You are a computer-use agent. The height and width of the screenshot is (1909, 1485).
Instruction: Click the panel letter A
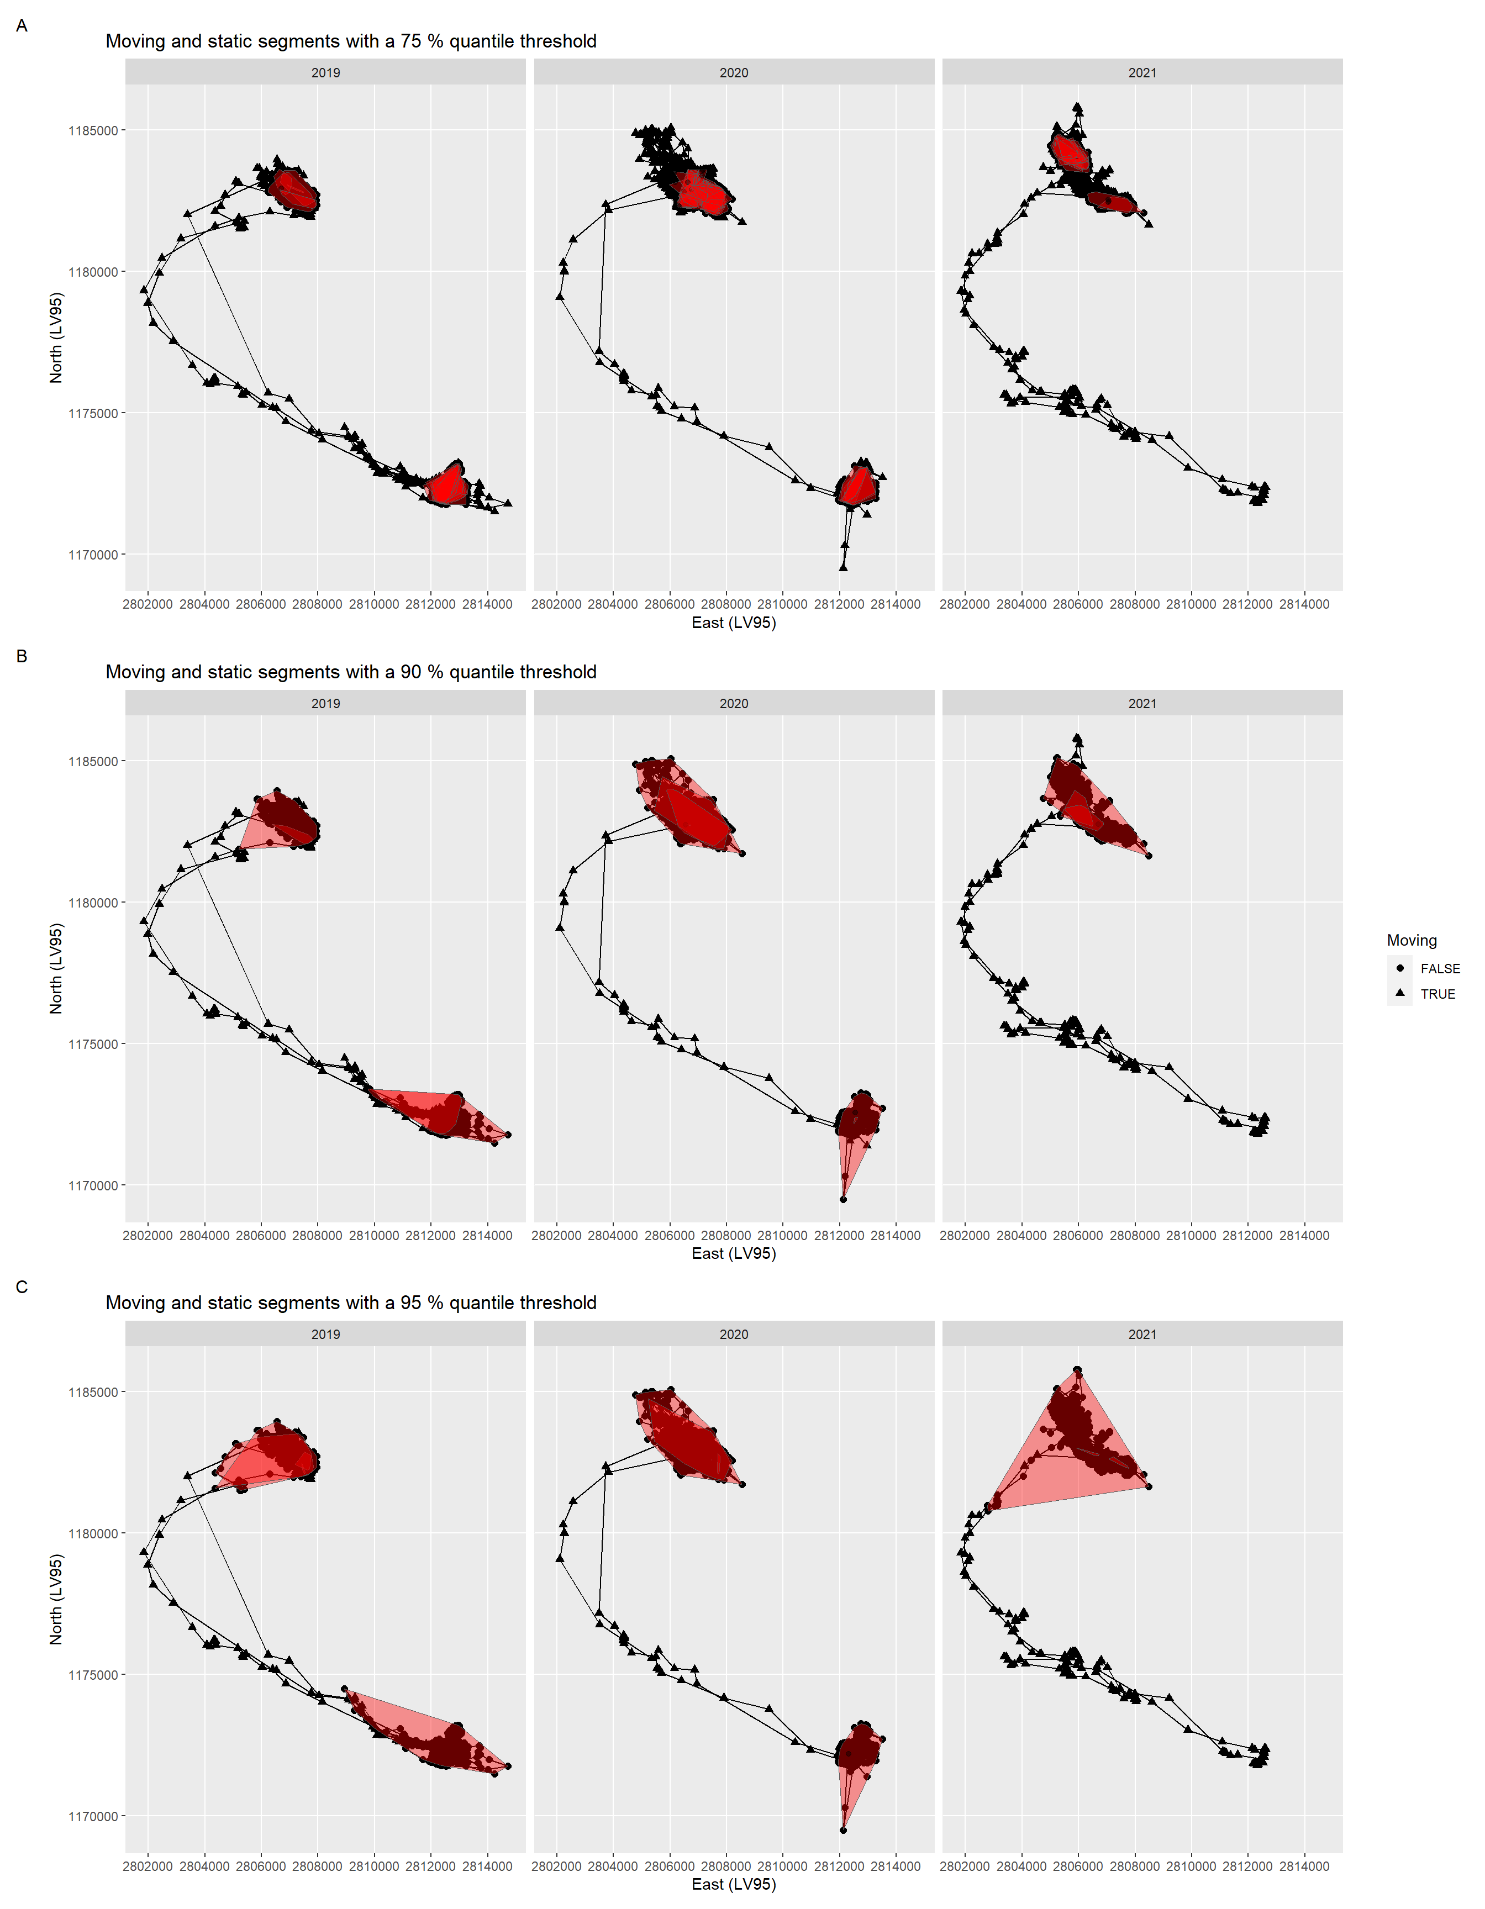tap(22, 25)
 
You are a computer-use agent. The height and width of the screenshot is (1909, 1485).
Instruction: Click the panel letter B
tap(22, 656)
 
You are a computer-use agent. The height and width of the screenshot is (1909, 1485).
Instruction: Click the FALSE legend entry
tap(1439, 968)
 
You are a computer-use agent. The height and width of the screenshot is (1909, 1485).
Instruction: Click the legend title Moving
tap(1411, 941)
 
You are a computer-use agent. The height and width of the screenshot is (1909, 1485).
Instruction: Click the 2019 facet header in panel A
tap(325, 72)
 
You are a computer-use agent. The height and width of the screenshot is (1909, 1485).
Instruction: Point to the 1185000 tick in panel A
tap(93, 131)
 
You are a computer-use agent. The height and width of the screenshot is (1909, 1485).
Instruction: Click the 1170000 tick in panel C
tap(93, 1816)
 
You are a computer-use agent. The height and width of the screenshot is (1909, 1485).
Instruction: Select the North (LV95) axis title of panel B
tap(56, 968)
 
